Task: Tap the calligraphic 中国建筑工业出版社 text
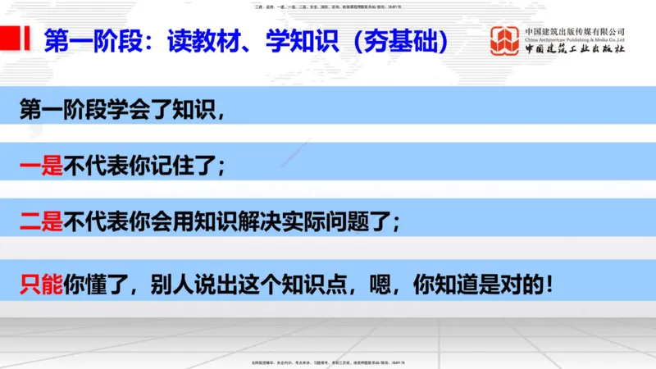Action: click(x=575, y=50)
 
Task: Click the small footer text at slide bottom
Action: click(x=327, y=362)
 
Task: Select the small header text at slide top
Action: click(x=327, y=7)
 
